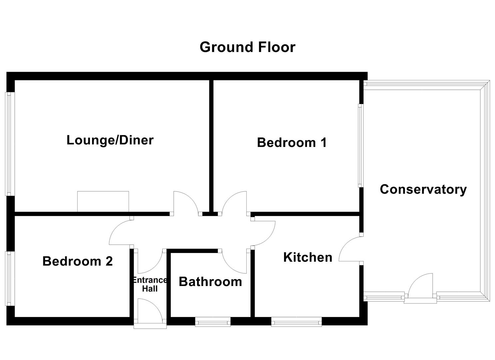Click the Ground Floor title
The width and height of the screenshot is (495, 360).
pyautogui.click(x=247, y=47)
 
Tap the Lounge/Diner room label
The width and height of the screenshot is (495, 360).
pyautogui.click(x=110, y=140)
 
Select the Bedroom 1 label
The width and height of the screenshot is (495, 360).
pyautogui.click(x=292, y=142)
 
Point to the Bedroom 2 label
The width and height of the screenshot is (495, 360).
pyautogui.click(x=78, y=261)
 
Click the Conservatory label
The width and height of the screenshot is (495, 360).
pyautogui.click(x=423, y=189)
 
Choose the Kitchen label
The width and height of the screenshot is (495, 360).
pyautogui.click(x=308, y=257)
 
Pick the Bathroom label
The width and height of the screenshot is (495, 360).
pyautogui.click(x=210, y=282)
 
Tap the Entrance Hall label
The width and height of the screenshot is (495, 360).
pyautogui.click(x=150, y=284)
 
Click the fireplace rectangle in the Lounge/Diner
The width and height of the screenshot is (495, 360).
pyautogui.click(x=103, y=201)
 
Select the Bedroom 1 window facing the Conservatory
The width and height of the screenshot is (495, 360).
pyautogui.click(x=361, y=146)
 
